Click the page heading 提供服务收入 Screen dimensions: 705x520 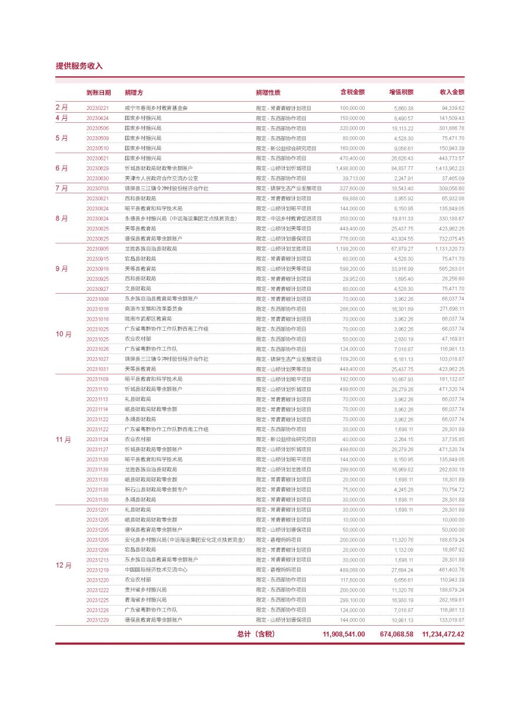(x=79, y=66)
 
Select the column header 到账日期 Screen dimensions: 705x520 (x=98, y=92)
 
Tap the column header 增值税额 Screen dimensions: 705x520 (x=401, y=92)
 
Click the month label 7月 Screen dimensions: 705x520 (x=62, y=189)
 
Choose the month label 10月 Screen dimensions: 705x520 (x=64, y=334)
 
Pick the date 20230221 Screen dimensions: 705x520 (x=98, y=108)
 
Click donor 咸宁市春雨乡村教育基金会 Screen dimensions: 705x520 (x=156, y=108)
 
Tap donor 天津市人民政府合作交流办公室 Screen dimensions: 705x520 (x=161, y=178)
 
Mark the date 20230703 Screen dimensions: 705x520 (x=98, y=189)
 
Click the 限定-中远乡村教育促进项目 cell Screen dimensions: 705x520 (x=289, y=219)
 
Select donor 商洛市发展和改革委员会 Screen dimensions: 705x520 (x=154, y=308)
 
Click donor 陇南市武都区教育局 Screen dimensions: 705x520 (x=148, y=318)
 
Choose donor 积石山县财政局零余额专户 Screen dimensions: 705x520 (x=156, y=489)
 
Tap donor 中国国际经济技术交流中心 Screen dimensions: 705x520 (x=156, y=570)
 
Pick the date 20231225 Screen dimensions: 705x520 (x=98, y=600)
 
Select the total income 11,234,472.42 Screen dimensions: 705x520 (x=443, y=634)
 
